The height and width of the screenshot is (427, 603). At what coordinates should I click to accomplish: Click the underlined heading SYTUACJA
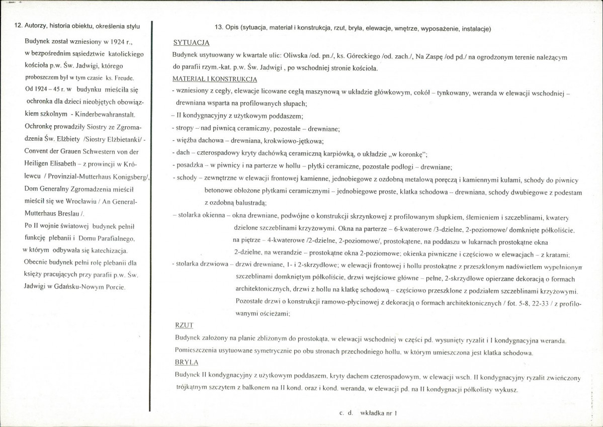point(191,43)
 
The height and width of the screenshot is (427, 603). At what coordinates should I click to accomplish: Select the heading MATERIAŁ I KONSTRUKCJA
point(215,79)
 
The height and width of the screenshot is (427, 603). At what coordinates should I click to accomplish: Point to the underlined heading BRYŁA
point(186,362)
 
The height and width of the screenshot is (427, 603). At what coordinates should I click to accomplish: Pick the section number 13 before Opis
point(218,28)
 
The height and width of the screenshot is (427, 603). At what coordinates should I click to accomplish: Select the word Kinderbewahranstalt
point(105,114)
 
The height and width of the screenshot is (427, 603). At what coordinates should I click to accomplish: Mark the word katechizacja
point(107,250)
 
